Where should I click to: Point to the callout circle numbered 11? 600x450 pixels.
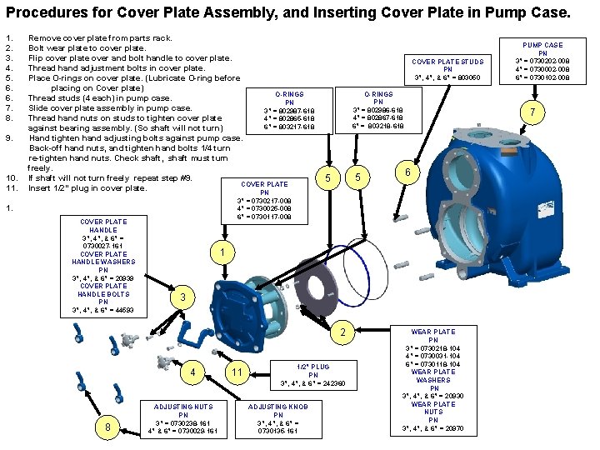click(x=237, y=372)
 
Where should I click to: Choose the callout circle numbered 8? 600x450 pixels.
click(x=108, y=427)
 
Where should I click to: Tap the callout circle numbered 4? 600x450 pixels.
click(x=193, y=372)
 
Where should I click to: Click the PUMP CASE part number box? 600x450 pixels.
click(x=542, y=62)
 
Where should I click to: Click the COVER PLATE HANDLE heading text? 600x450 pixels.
click(x=103, y=226)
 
